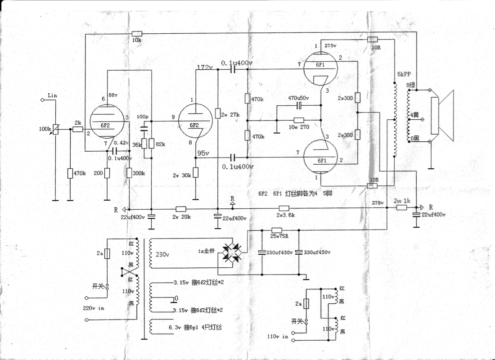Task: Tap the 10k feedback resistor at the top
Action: [x=137, y=34]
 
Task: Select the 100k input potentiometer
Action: [x=55, y=130]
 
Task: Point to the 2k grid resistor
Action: [x=77, y=129]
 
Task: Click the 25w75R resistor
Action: [x=277, y=230]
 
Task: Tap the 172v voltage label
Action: [x=206, y=67]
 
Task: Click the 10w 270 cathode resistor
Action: [x=299, y=120]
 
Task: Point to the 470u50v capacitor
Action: [x=298, y=106]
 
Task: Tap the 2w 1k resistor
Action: [x=402, y=208]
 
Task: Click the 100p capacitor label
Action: [x=142, y=116]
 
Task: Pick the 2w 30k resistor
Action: [x=196, y=173]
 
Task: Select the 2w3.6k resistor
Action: [x=284, y=208]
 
